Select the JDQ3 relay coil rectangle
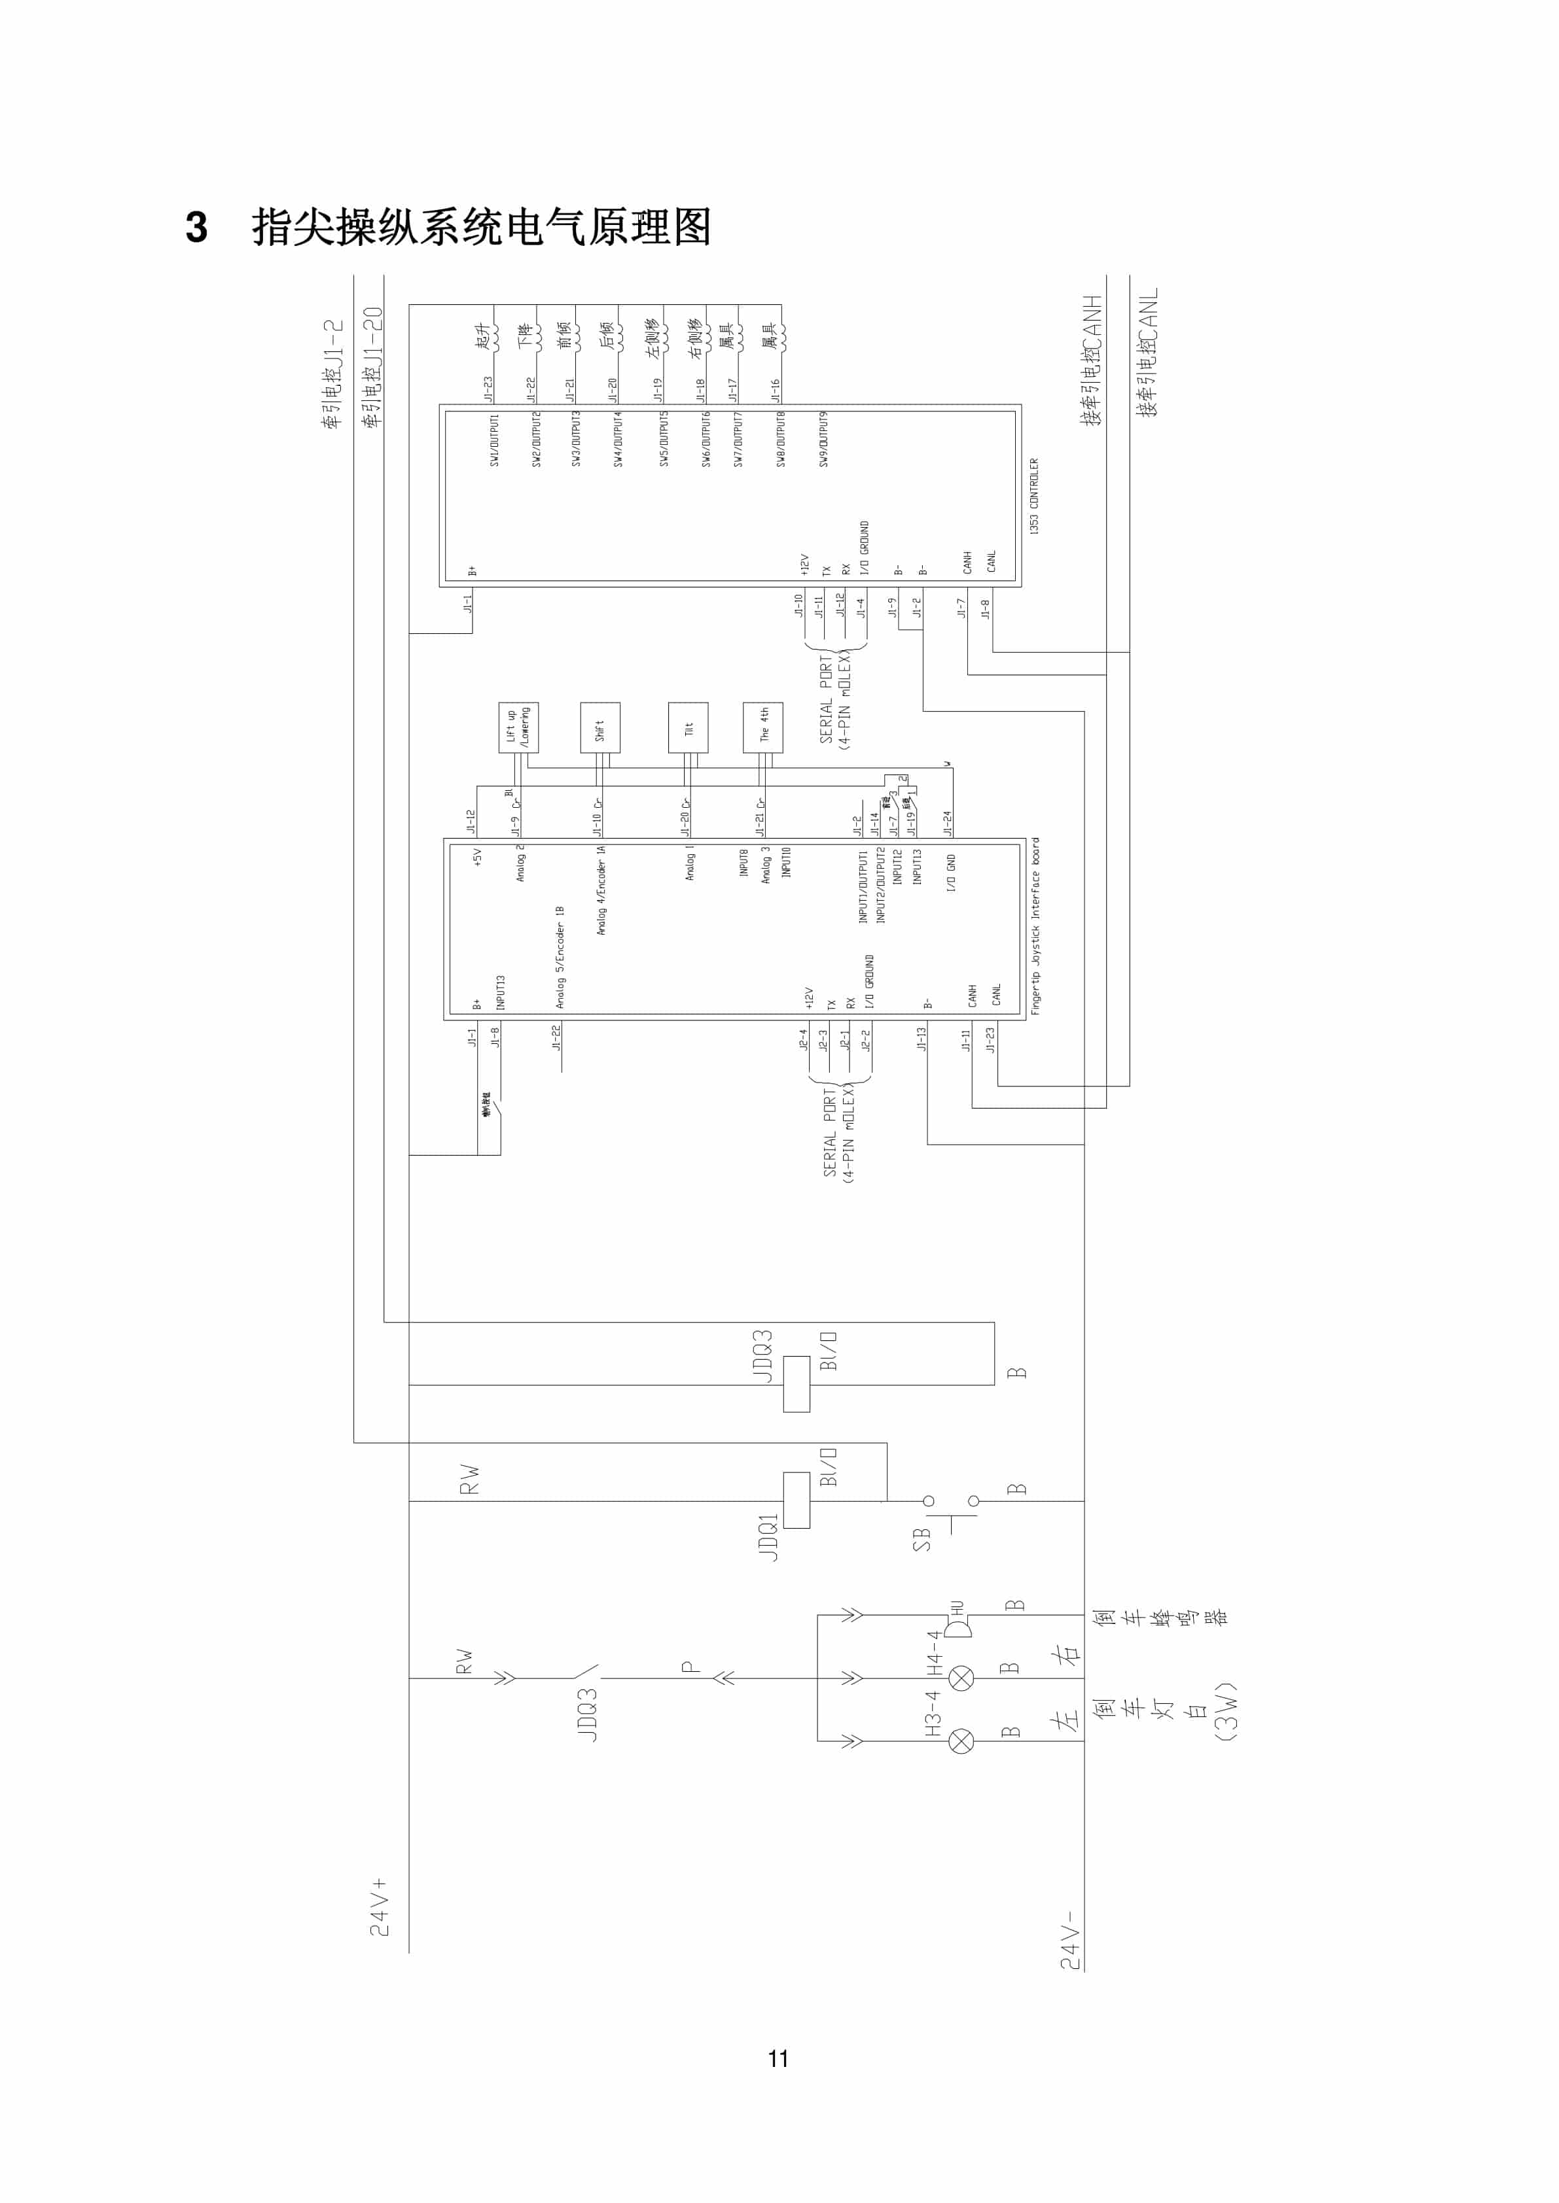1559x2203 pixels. point(796,1383)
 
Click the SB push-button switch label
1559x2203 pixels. point(922,1539)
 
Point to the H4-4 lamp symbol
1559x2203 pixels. point(961,1678)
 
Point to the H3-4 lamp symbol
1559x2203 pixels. point(961,1741)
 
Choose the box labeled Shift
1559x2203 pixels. point(600,727)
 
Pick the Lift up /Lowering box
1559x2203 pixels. point(518,727)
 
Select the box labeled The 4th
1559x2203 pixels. point(763,727)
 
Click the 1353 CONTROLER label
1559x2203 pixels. point(1034,495)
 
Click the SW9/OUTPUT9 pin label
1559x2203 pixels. point(823,440)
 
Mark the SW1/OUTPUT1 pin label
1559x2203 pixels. point(494,440)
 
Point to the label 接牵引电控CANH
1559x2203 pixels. point(1092,360)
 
